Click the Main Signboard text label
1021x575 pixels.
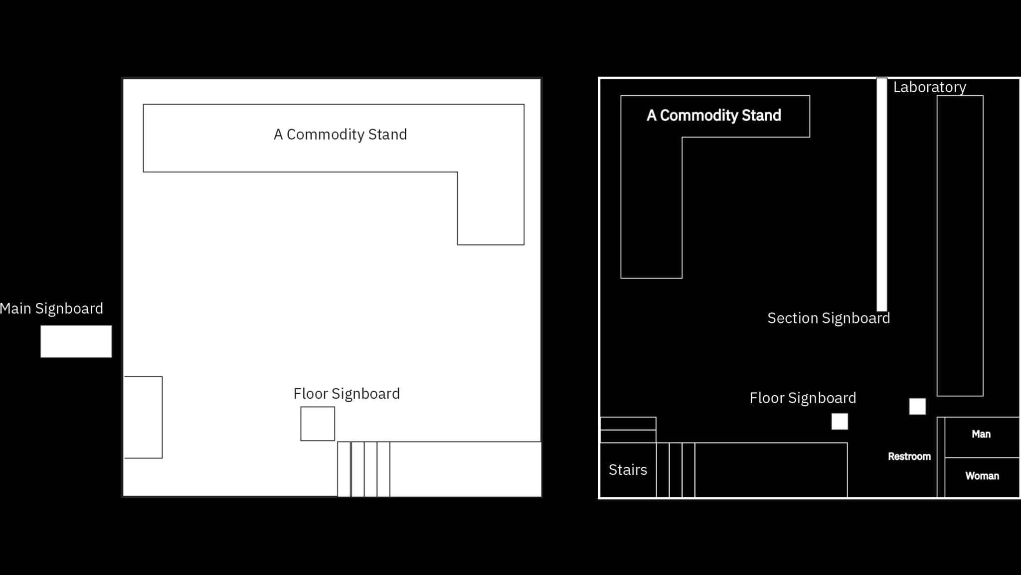[x=51, y=309]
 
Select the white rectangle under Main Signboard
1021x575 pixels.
[x=76, y=341]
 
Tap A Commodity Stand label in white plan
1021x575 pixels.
[x=340, y=135]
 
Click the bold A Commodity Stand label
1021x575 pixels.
[x=713, y=116]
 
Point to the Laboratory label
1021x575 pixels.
[x=929, y=87]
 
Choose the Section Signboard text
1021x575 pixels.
[x=828, y=318]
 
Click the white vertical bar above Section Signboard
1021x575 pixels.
[x=881, y=194]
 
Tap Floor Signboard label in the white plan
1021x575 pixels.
[x=346, y=394]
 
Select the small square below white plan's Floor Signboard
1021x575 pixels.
[x=318, y=424]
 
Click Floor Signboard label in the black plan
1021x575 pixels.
[x=803, y=398]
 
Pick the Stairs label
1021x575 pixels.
[x=628, y=470]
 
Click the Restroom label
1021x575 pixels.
[x=909, y=456]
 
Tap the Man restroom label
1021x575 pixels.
[x=981, y=434]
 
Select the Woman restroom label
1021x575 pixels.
[x=982, y=476]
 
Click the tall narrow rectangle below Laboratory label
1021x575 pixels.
[x=960, y=246]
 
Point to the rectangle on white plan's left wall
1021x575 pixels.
[x=144, y=417]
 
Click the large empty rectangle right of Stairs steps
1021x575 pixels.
[x=771, y=470]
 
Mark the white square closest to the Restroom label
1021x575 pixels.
[x=917, y=407]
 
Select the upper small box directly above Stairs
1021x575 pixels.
[x=628, y=424]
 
